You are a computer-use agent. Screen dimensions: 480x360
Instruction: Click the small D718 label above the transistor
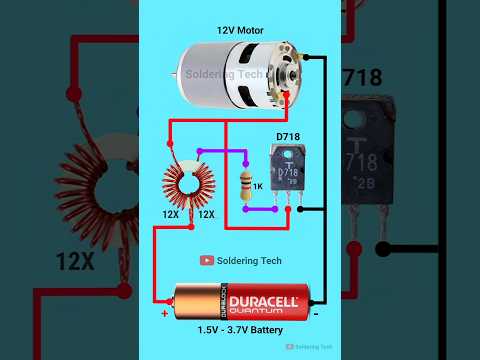(x=288, y=137)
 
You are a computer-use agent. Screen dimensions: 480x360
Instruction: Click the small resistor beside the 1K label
(x=246, y=185)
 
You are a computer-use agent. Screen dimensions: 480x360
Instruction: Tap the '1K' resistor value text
(x=257, y=187)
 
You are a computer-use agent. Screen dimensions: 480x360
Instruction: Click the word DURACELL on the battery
(x=263, y=300)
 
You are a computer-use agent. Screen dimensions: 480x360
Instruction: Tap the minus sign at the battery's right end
(x=316, y=313)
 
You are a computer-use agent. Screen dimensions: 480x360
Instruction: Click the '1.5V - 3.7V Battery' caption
(x=239, y=330)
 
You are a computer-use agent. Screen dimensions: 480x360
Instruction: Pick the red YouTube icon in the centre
(x=207, y=261)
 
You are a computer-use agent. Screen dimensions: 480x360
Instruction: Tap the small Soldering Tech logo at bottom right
(x=312, y=347)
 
